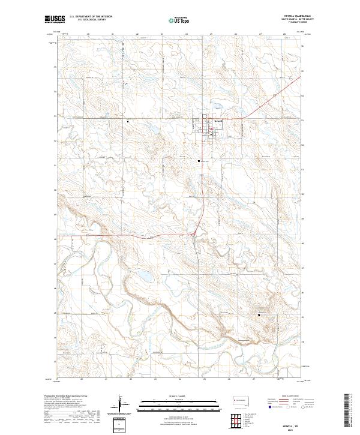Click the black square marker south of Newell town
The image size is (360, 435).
pos(200,161)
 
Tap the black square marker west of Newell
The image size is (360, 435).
pos(128,121)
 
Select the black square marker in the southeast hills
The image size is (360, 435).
pos(259,314)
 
